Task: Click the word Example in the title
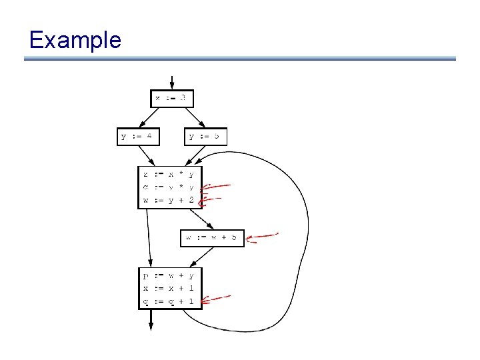[75, 40]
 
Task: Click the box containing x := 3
[172, 99]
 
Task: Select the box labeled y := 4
[139, 137]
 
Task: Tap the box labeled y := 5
[205, 137]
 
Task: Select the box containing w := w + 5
[213, 237]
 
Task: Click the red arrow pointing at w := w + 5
[261, 235]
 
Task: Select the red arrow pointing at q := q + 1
[216, 299]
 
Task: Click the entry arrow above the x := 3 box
[173, 82]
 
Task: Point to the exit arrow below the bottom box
[151, 319]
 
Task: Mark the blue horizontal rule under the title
[240, 59]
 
